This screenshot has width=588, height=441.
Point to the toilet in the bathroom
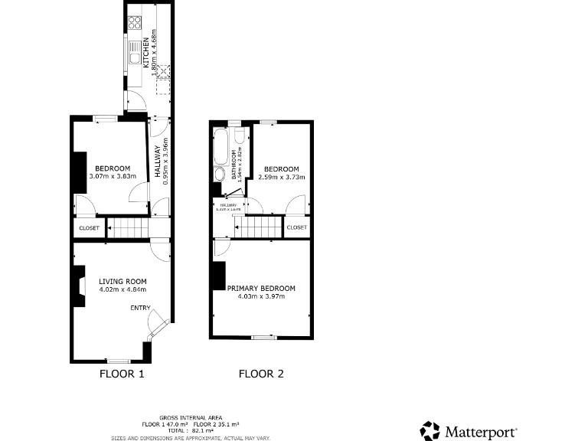[240, 136]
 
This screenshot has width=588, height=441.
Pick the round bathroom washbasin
[220, 175]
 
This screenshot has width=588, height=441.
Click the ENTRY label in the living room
[140, 308]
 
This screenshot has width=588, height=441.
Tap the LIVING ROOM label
[122, 281]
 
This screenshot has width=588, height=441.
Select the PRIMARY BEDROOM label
[261, 288]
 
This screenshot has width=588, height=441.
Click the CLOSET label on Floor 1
[89, 227]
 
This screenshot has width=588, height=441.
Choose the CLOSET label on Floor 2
[296, 227]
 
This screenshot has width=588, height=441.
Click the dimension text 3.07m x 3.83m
[113, 176]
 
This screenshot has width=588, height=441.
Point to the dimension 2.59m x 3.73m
[281, 177]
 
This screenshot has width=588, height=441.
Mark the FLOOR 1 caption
[122, 374]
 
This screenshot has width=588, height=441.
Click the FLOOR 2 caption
[261, 374]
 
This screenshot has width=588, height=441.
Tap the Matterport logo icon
[430, 430]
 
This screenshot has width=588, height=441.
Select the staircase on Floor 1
[127, 227]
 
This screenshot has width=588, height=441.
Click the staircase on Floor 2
[258, 227]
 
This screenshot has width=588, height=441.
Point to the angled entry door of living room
[155, 325]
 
